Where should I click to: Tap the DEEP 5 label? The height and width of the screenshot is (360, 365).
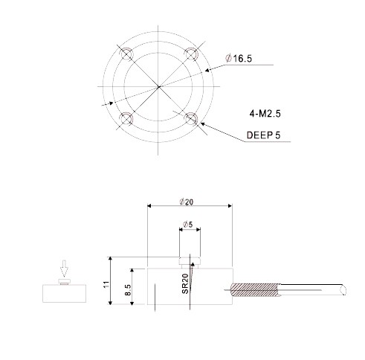[x=264, y=136]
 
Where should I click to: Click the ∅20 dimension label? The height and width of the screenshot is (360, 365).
[x=188, y=201]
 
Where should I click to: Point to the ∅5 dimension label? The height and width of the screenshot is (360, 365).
[x=188, y=225]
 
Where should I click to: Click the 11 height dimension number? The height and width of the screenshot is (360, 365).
[x=106, y=283]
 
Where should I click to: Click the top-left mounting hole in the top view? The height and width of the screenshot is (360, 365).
[x=125, y=53]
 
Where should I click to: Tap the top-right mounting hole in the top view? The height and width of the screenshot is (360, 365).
[x=192, y=53]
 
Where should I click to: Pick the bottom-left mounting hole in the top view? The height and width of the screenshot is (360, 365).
[x=125, y=120]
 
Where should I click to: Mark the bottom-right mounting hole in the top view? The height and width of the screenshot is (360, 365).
[x=192, y=119]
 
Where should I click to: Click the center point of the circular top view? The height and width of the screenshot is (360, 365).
[x=158, y=86]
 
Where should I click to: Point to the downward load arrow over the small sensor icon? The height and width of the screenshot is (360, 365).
[x=64, y=267]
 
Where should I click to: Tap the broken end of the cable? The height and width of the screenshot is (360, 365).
[x=343, y=289]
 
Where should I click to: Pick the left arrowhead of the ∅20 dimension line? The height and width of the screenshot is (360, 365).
[x=151, y=207]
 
